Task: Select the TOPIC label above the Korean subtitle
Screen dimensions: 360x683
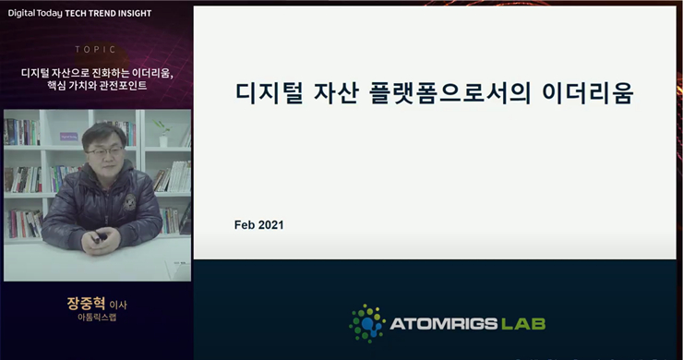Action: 97,50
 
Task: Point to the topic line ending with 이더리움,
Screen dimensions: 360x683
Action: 97,72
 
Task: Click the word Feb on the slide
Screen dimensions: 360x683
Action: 247,224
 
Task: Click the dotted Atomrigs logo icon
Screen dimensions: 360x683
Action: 367,322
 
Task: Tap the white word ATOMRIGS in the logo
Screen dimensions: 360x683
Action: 445,324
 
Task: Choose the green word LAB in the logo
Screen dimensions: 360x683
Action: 522,324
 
